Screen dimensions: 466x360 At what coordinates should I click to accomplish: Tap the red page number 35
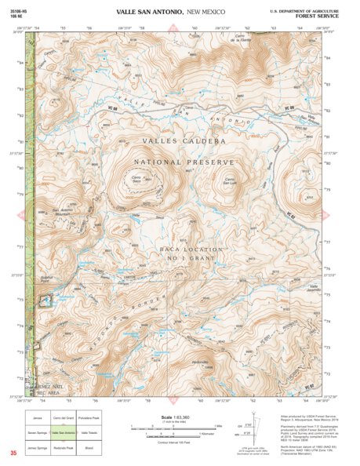click(13, 453)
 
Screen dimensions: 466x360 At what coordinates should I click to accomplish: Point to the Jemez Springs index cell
click(38, 447)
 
